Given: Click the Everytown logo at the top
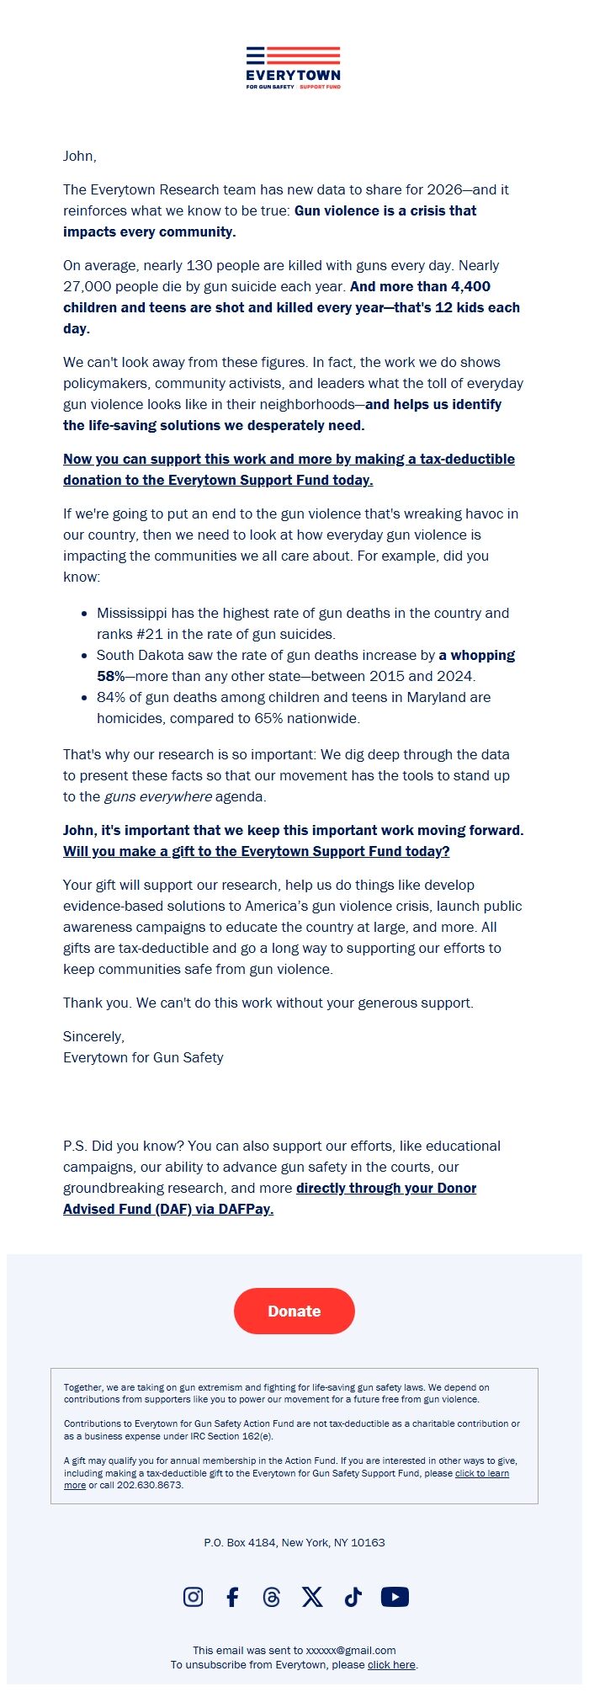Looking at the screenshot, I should pos(294,68).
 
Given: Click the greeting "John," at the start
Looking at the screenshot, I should pos(80,156).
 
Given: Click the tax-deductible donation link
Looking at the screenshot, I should pos(289,470).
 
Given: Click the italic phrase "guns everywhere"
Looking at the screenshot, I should pos(157,796).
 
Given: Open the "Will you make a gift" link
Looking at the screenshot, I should pos(256,851).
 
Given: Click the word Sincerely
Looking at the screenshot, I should pos(93,1036).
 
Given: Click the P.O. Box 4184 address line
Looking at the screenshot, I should pos(294,1542).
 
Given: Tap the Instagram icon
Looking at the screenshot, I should pos(193,1597).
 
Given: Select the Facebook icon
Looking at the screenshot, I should pos(233,1597).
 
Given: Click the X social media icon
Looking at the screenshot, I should pos(312,1597).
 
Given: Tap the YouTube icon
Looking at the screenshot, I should pos(395,1597).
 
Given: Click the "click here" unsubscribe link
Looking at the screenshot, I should pos(391,1664).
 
